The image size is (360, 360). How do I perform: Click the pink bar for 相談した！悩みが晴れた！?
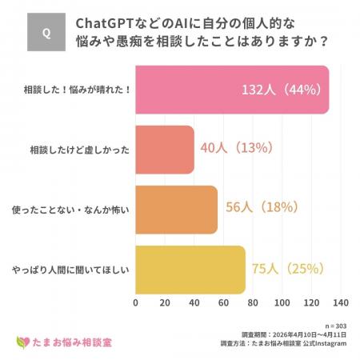point(232,89)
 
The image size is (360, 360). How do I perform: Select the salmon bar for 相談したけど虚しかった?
point(165,149)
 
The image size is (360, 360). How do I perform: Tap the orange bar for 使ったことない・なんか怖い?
point(176,209)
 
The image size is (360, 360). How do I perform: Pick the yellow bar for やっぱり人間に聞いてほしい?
point(190,269)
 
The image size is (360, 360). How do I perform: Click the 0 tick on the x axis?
point(136,303)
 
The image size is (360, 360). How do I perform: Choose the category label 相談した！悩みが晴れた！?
point(78,89)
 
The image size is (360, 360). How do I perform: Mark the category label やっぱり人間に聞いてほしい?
point(73,269)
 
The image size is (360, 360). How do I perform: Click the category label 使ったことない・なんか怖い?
point(73,209)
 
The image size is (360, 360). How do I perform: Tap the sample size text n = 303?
point(333,326)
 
